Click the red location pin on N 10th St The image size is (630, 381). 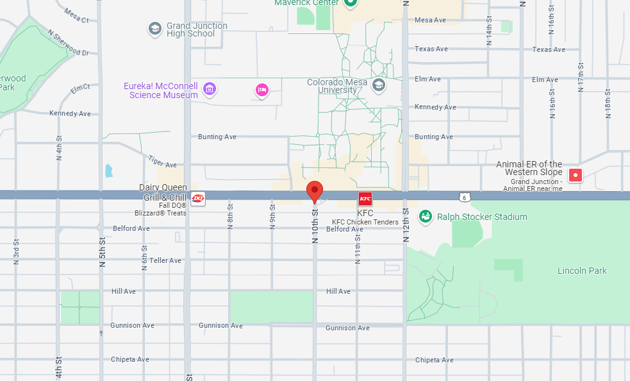click(314, 191)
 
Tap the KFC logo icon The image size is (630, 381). click(365, 198)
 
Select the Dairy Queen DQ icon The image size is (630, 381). click(198, 198)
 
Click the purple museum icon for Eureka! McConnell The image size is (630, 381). click(209, 89)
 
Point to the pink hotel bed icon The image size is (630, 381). click(261, 90)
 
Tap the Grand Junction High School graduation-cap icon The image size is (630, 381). click(154, 28)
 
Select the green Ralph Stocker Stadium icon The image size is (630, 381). click(425, 217)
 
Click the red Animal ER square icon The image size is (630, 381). click(576, 174)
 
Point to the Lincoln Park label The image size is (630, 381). click(581, 271)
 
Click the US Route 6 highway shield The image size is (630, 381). click(464, 197)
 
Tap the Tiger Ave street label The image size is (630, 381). click(161, 161)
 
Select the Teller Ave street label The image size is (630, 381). click(165, 260)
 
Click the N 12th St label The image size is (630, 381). click(406, 225)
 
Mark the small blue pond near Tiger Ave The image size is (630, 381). click(108, 171)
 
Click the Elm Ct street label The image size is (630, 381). click(81, 89)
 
